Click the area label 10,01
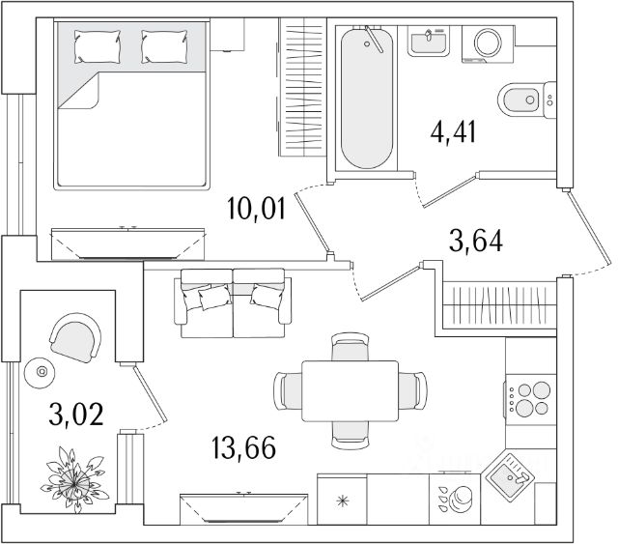click(x=257, y=208)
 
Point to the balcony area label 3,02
click(x=75, y=415)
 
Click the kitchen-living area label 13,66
click(x=242, y=447)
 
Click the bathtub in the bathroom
click(x=367, y=99)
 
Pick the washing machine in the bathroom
click(x=487, y=44)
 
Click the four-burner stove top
click(x=529, y=397)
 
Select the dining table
click(x=350, y=390)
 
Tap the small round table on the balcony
click(x=42, y=369)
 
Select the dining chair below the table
click(x=349, y=436)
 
